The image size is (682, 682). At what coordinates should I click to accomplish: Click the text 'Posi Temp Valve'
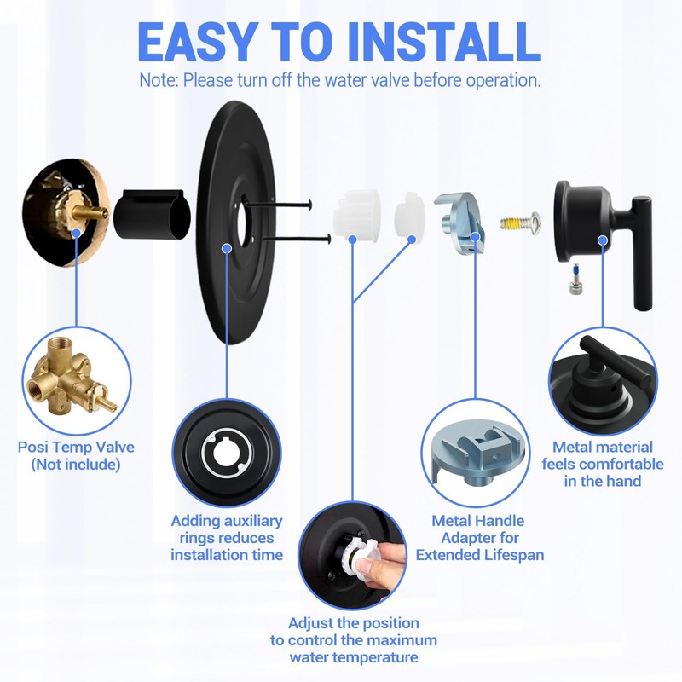coord(76,447)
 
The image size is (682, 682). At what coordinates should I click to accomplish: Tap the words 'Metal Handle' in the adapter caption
coord(478,520)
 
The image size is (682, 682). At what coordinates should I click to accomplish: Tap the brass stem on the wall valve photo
coord(90,210)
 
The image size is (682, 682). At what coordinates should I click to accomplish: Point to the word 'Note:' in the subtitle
coord(159,81)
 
